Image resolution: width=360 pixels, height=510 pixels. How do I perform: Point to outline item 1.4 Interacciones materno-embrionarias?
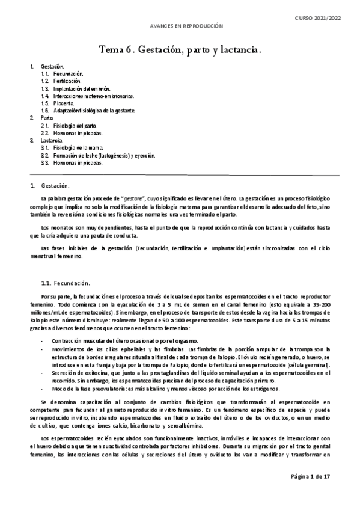[x=87, y=96]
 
